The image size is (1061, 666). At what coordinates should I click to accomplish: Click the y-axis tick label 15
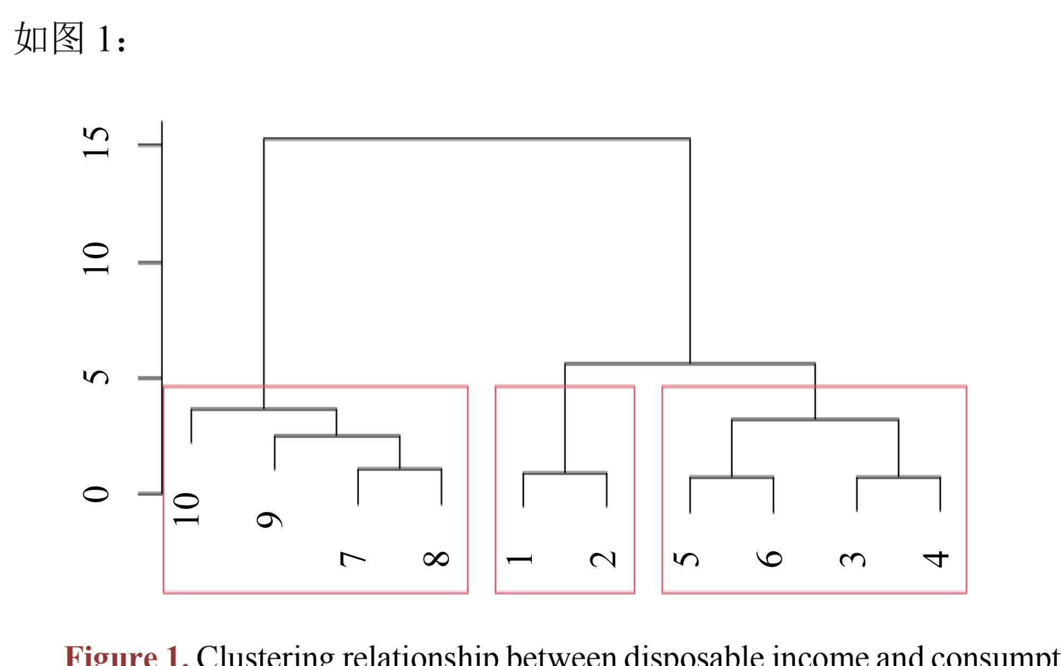click(x=97, y=143)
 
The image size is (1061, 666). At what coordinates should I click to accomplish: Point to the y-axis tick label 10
click(x=97, y=259)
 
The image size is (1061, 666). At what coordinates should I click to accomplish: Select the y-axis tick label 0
click(x=97, y=494)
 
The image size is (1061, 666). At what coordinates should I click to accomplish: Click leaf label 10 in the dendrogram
click(x=187, y=509)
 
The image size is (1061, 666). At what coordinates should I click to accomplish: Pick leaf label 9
click(x=269, y=520)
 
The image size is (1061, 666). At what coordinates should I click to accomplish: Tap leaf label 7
click(x=353, y=559)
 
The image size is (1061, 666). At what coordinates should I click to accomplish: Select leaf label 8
click(x=436, y=559)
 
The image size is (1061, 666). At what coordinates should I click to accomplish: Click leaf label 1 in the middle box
click(x=520, y=559)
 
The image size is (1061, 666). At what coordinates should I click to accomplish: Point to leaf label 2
click(x=603, y=559)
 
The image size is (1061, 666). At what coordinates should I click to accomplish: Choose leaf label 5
click(x=686, y=559)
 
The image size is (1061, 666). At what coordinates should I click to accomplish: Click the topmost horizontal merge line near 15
click(x=477, y=139)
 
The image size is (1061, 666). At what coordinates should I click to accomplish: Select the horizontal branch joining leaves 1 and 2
click(x=565, y=472)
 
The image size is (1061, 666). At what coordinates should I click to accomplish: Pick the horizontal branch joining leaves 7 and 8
click(x=400, y=468)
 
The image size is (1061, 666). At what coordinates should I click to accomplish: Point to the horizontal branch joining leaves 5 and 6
click(x=731, y=477)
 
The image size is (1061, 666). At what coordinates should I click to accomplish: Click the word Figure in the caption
click(x=110, y=657)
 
